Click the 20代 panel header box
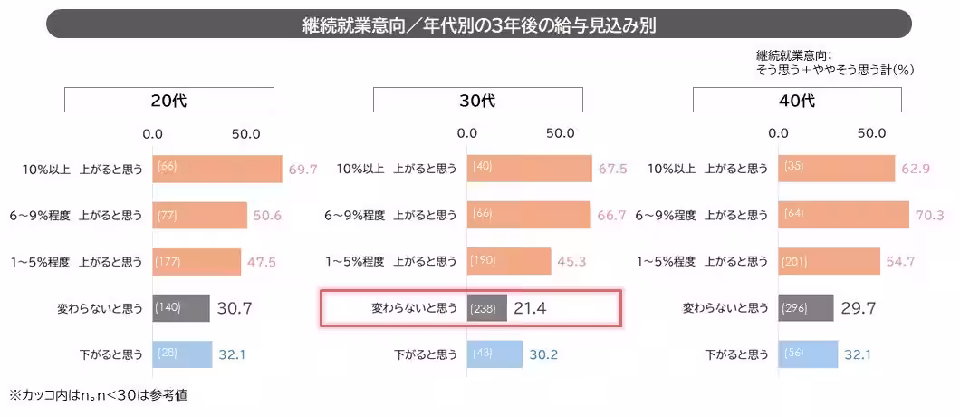168,100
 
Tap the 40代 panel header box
797,100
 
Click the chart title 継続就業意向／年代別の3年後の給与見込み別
479,24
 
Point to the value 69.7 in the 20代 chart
302,169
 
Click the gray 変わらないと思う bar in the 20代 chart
181,308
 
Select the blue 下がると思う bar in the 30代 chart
495,354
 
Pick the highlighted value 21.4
530,308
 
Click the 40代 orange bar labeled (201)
829,261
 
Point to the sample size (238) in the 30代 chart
482,309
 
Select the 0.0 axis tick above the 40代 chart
778,133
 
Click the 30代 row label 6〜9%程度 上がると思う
390,215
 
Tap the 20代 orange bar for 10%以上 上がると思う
217,169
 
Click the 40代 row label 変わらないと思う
725,308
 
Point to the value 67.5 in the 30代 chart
613,169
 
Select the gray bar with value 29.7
806,308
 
